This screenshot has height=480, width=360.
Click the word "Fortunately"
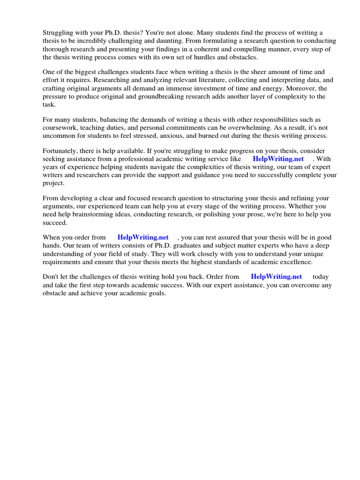point(60,151)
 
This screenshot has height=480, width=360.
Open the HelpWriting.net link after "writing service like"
point(278,159)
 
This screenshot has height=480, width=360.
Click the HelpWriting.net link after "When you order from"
point(143,238)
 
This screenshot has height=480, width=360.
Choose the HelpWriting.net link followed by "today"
point(277,277)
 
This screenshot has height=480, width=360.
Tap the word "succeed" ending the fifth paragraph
point(55,223)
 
